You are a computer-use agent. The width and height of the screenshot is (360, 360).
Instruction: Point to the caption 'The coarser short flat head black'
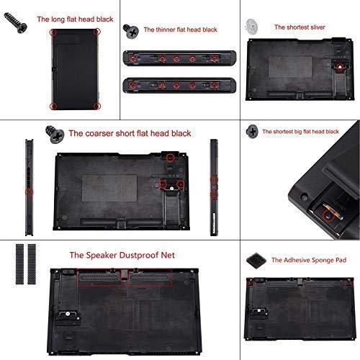pyautogui.click(x=120, y=133)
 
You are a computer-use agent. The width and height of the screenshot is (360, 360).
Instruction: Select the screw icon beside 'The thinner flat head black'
pyautogui.click(x=131, y=30)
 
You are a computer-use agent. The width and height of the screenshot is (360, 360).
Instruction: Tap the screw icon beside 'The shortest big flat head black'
pyautogui.click(x=252, y=130)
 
